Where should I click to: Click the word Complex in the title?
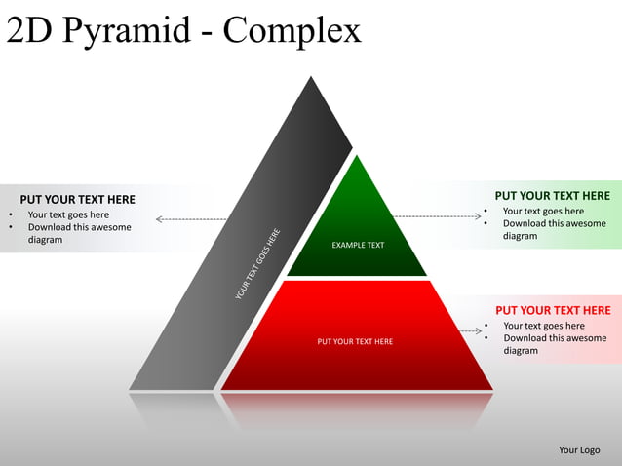click(x=292, y=31)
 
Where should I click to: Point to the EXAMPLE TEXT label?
click(x=358, y=245)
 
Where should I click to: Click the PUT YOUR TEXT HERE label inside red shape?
click(x=355, y=341)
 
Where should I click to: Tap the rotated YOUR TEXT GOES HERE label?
click(x=258, y=263)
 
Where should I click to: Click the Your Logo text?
click(x=579, y=449)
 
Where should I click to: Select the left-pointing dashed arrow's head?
click(x=160, y=219)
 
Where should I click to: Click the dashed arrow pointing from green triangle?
click(x=439, y=215)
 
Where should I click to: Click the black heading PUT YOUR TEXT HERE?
click(x=78, y=200)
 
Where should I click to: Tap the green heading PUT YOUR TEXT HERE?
click(x=552, y=196)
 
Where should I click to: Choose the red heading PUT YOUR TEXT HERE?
click(x=553, y=310)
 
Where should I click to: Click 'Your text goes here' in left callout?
click(x=68, y=214)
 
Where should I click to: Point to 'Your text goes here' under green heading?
click(x=543, y=211)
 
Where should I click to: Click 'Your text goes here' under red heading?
click(x=544, y=326)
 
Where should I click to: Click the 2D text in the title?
click(x=29, y=31)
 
